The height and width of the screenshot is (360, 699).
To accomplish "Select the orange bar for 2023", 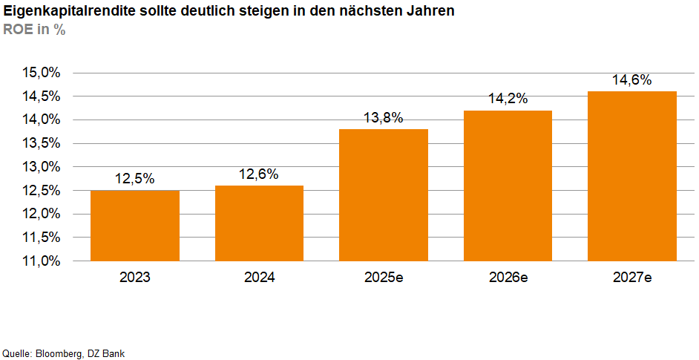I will click(134, 226).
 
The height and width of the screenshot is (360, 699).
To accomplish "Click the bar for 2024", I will click(259, 223).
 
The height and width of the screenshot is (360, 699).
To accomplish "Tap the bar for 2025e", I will click(384, 195).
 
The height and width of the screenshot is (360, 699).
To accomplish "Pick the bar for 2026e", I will click(508, 186).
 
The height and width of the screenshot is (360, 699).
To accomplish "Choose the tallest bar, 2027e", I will click(631, 176).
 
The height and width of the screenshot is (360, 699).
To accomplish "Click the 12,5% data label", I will click(134, 179).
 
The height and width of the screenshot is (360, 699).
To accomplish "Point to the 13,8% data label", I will click(384, 117).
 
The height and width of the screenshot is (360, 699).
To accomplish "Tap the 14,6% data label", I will click(631, 80).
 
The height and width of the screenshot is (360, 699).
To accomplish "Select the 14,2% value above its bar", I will click(508, 99).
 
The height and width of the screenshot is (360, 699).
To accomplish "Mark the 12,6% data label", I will click(259, 174).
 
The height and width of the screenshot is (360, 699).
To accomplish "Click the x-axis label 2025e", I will click(384, 278).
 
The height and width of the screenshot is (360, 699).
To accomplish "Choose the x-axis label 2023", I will click(134, 278).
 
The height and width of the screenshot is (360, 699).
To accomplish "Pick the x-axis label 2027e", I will click(631, 278).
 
